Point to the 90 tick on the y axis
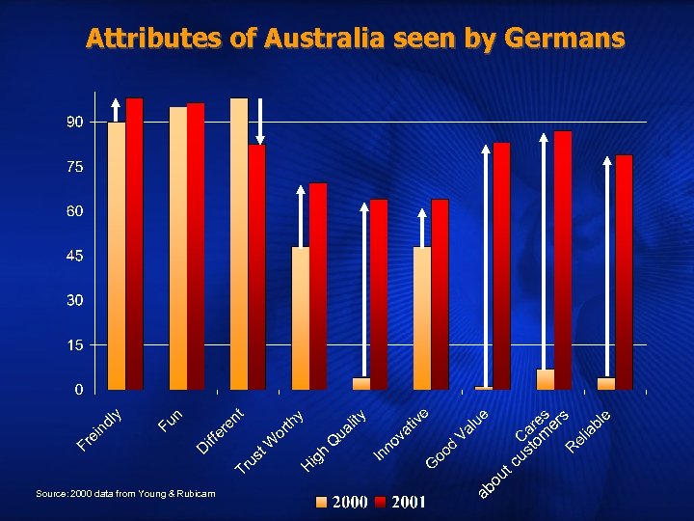(74, 122)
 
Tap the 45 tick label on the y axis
(74, 256)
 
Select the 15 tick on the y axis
(74, 344)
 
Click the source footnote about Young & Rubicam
(125, 494)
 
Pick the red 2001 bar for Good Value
(501, 266)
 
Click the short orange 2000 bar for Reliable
(606, 383)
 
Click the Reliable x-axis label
(589, 430)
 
